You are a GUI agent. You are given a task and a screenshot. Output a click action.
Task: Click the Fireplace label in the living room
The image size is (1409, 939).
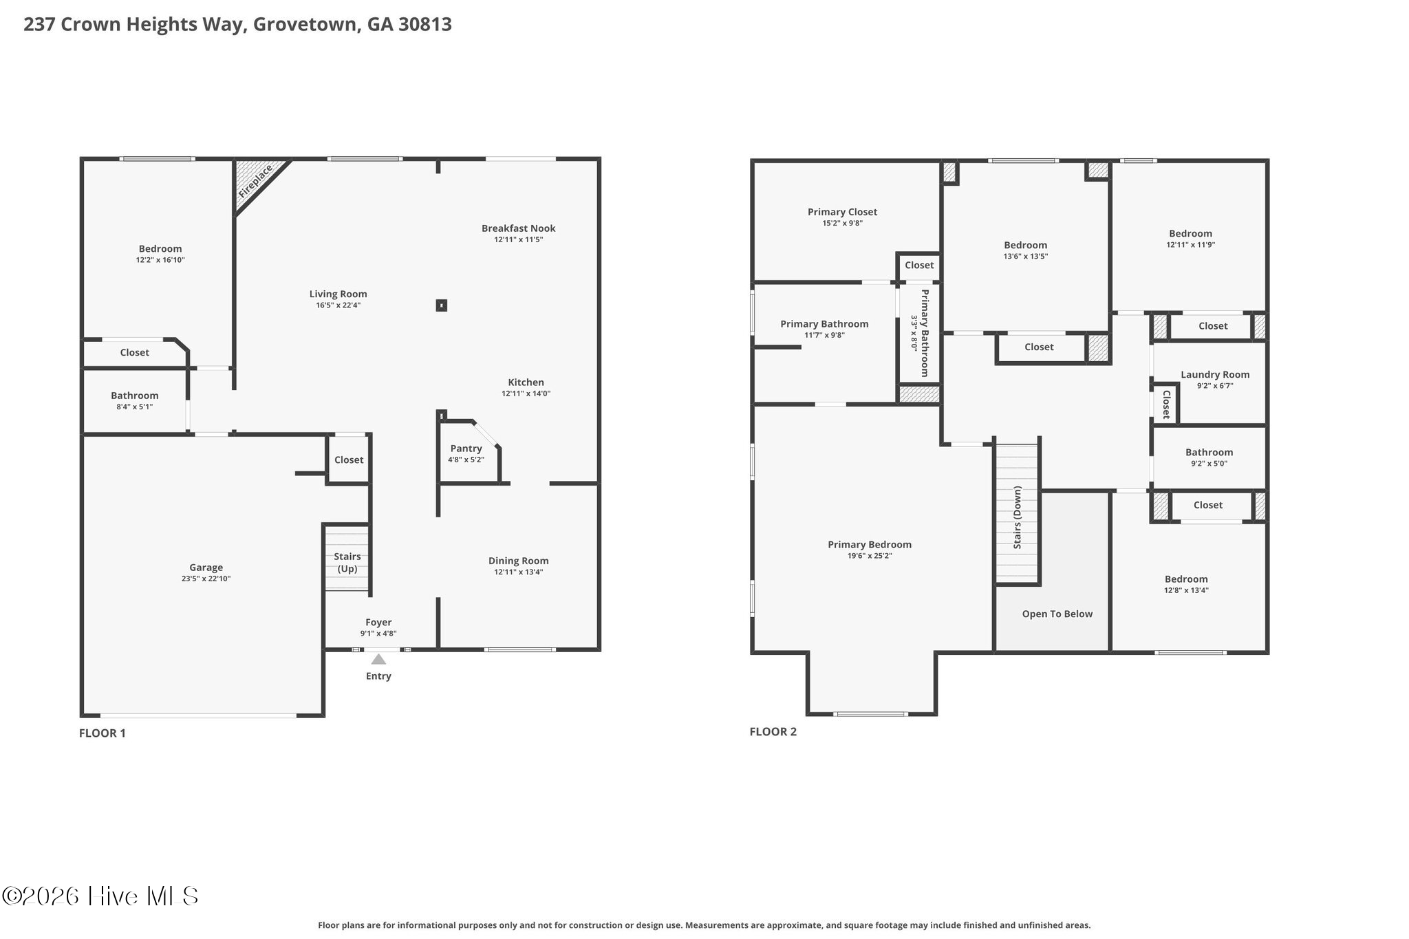coord(255,181)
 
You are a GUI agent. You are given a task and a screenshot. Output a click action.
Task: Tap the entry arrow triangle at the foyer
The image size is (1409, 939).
coord(378,659)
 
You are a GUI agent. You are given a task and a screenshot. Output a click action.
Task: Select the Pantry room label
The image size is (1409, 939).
coord(466,449)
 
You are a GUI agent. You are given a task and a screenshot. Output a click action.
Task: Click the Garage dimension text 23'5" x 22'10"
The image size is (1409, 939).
coord(206,579)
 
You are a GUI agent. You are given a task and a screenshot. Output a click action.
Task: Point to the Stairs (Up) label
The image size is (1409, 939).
coord(347,563)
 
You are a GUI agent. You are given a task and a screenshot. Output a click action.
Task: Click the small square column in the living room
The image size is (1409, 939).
coord(442,305)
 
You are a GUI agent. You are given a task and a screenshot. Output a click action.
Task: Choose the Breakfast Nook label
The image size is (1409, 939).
coord(519,228)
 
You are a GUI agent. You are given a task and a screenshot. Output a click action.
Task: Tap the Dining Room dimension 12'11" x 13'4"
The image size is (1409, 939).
coord(519,572)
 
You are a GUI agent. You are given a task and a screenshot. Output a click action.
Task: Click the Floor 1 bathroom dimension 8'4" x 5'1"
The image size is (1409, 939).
coord(135,407)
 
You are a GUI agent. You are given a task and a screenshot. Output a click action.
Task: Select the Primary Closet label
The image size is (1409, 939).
coord(842,212)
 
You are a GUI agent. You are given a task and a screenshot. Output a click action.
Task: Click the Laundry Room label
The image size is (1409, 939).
coord(1215,375)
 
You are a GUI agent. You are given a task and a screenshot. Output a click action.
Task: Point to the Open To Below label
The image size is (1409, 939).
coord(1057,614)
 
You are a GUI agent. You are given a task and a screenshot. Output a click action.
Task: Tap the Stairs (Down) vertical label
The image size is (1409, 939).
coord(1018,517)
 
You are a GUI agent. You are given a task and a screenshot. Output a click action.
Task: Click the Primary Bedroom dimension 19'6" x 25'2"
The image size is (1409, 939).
coord(870,556)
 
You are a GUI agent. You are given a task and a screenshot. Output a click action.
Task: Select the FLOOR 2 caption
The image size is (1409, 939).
coord(773,732)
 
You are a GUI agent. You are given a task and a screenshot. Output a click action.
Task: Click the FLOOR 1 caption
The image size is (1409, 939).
coord(103,733)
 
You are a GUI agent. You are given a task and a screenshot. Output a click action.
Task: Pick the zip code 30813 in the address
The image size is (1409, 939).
coord(425,24)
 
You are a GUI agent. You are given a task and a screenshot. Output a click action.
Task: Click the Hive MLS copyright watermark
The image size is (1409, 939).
coord(100,896)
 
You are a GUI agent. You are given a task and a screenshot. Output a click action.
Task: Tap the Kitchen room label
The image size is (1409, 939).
coord(526,382)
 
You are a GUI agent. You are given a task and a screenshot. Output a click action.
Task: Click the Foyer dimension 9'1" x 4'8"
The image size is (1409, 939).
coord(378,634)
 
